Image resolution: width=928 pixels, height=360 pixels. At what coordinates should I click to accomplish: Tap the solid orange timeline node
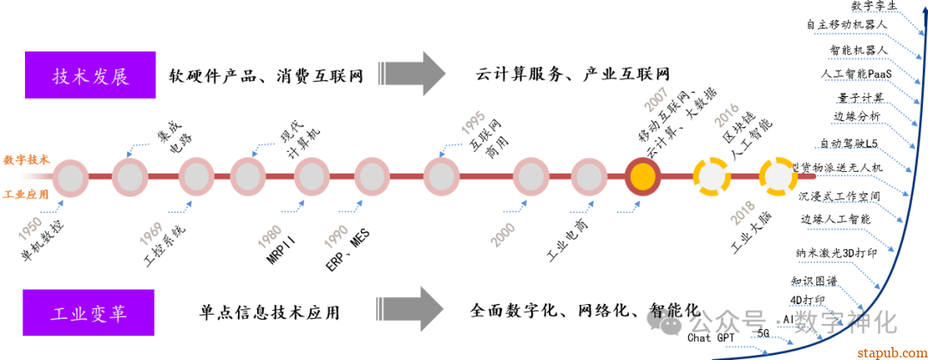click(641, 176)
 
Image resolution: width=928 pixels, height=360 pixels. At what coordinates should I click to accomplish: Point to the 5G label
click(764, 333)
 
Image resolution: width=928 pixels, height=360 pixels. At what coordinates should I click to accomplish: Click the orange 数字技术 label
click(26, 160)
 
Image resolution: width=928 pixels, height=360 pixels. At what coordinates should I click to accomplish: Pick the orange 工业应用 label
click(26, 194)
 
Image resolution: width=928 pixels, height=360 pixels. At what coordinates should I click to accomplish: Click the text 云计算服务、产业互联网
click(571, 73)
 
